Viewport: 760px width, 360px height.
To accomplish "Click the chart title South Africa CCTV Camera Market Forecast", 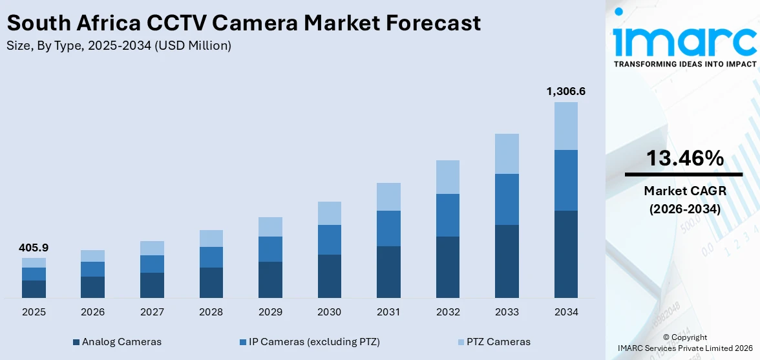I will click(x=244, y=23).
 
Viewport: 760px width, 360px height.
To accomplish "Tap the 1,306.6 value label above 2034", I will click(x=565, y=91).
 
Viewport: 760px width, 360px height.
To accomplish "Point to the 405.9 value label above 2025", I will click(x=34, y=248).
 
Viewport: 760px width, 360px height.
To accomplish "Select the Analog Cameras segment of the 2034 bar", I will click(x=565, y=254).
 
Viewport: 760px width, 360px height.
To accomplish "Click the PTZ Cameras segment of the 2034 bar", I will click(x=565, y=126).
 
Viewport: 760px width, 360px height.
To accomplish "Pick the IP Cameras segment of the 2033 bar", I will click(x=507, y=199).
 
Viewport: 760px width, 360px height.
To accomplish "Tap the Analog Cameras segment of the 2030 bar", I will click(x=329, y=276).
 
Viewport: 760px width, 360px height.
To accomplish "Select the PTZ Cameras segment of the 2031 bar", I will click(x=388, y=196).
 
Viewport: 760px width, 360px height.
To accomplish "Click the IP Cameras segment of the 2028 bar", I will click(x=211, y=257).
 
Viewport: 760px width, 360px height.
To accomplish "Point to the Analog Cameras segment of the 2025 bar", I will click(x=34, y=289).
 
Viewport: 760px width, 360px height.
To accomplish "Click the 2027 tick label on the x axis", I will click(x=152, y=312).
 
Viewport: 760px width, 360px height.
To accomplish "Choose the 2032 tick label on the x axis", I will click(x=447, y=312).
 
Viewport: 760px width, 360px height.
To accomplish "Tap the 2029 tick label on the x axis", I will click(x=270, y=312).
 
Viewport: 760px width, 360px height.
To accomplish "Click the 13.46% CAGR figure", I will click(x=684, y=158).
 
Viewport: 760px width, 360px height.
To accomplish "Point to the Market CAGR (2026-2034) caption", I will click(x=684, y=200).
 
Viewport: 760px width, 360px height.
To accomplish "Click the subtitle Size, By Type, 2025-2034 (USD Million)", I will click(x=119, y=46).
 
